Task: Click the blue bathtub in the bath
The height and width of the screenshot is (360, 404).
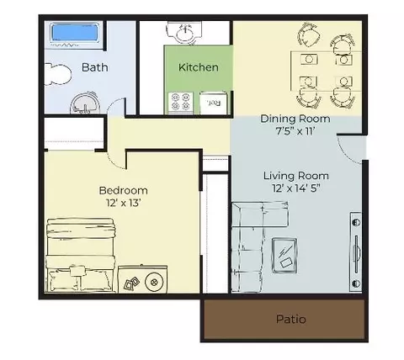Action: coord(75,34)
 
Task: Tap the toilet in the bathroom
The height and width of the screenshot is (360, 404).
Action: coord(57,74)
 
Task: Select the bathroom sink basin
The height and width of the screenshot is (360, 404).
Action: coord(85,103)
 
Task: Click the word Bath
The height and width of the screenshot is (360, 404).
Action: coord(95,67)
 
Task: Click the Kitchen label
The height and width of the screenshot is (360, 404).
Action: coord(199,67)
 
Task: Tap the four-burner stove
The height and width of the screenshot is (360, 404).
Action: coord(181,103)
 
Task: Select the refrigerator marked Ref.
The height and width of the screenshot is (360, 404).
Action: coord(214,103)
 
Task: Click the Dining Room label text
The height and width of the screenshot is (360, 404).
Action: coord(295,119)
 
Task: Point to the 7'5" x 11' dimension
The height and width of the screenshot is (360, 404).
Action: coord(295,131)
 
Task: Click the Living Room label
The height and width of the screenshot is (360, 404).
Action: coord(296,176)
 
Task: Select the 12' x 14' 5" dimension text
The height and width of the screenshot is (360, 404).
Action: coord(296,188)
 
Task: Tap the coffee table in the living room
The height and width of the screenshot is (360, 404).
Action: coord(284,256)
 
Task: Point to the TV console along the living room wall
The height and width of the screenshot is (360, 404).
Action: coord(356,251)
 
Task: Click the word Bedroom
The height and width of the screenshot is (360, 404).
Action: coord(123,191)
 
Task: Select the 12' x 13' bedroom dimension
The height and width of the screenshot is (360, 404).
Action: coord(123,203)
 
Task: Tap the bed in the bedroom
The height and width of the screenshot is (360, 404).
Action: coord(81,256)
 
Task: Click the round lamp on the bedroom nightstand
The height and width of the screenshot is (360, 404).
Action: coord(154,282)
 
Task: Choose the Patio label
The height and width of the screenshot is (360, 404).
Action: coord(291,320)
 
